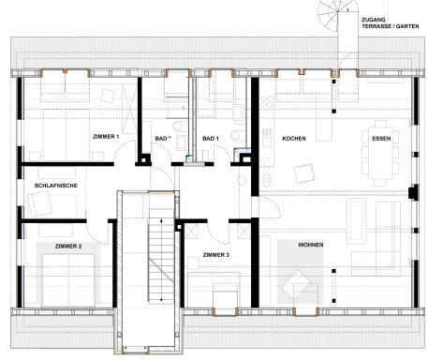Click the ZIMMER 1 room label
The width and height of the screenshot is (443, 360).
tap(106, 137)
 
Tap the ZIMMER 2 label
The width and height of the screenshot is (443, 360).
tap(68, 247)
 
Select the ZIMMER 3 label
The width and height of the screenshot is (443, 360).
tap(216, 255)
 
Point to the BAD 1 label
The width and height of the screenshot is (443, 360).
tap(211, 139)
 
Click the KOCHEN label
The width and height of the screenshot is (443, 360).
tap(294, 139)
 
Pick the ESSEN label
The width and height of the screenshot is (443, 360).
tap(381, 139)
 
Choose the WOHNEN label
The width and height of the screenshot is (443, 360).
tap(311, 245)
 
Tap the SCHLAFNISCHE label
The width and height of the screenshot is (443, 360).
tap(56, 186)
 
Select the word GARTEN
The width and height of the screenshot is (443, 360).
tap(407, 26)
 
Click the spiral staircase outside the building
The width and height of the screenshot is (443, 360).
tap(338, 12)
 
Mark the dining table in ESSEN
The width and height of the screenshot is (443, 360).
tap(380, 152)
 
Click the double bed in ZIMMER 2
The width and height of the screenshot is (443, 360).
tap(68, 280)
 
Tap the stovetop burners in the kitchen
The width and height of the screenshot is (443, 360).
tap(267, 101)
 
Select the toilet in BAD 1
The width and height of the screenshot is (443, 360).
tap(236, 136)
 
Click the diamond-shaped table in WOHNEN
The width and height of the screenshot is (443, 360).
tap(296, 286)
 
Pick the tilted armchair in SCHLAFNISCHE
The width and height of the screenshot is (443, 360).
tap(39, 204)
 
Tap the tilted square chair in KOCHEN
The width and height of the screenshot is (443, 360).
tap(304, 173)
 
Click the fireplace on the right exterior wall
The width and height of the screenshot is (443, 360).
tap(412, 192)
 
